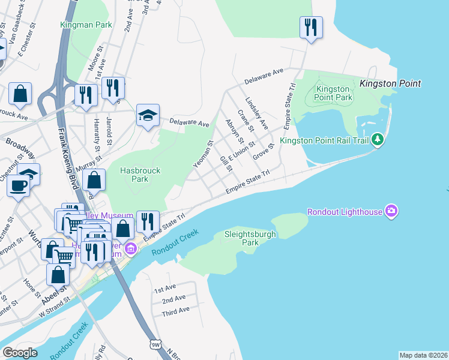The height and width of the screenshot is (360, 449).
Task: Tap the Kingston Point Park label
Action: [x=334, y=93]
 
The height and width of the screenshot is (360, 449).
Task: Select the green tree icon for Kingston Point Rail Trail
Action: [x=377, y=140]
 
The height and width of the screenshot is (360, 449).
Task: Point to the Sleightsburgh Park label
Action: [x=250, y=238]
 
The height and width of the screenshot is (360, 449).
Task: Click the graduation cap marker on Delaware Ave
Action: [x=148, y=116]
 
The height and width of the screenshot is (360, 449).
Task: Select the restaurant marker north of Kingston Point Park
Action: [x=311, y=28]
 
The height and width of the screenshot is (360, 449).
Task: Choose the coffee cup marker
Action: [x=18, y=185]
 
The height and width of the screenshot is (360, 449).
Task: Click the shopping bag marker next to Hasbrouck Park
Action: [x=94, y=179]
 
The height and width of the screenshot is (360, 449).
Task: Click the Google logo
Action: [x=20, y=352]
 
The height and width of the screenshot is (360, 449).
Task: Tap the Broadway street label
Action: [x=16, y=144]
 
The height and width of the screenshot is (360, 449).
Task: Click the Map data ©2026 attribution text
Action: [x=423, y=355]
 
